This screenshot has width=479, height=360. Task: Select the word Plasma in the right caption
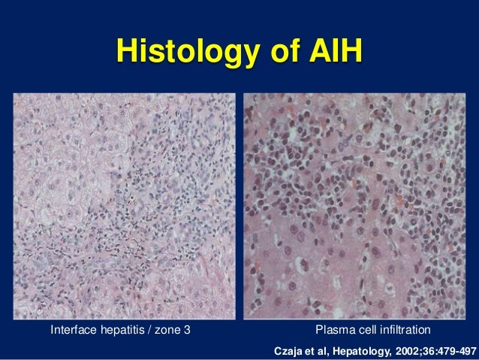click(333, 329)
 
